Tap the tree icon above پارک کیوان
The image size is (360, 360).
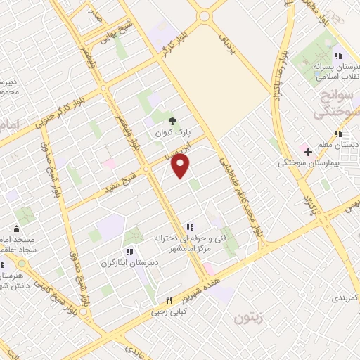[x=173, y=120]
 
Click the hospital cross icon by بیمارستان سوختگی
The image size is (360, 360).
[x=308, y=151]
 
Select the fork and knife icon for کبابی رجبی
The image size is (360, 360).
[x=169, y=300]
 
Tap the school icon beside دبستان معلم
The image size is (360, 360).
[x=338, y=134]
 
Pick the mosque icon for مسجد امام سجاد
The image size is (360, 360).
[x=17, y=229]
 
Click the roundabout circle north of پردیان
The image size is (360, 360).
[x=205, y=15]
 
